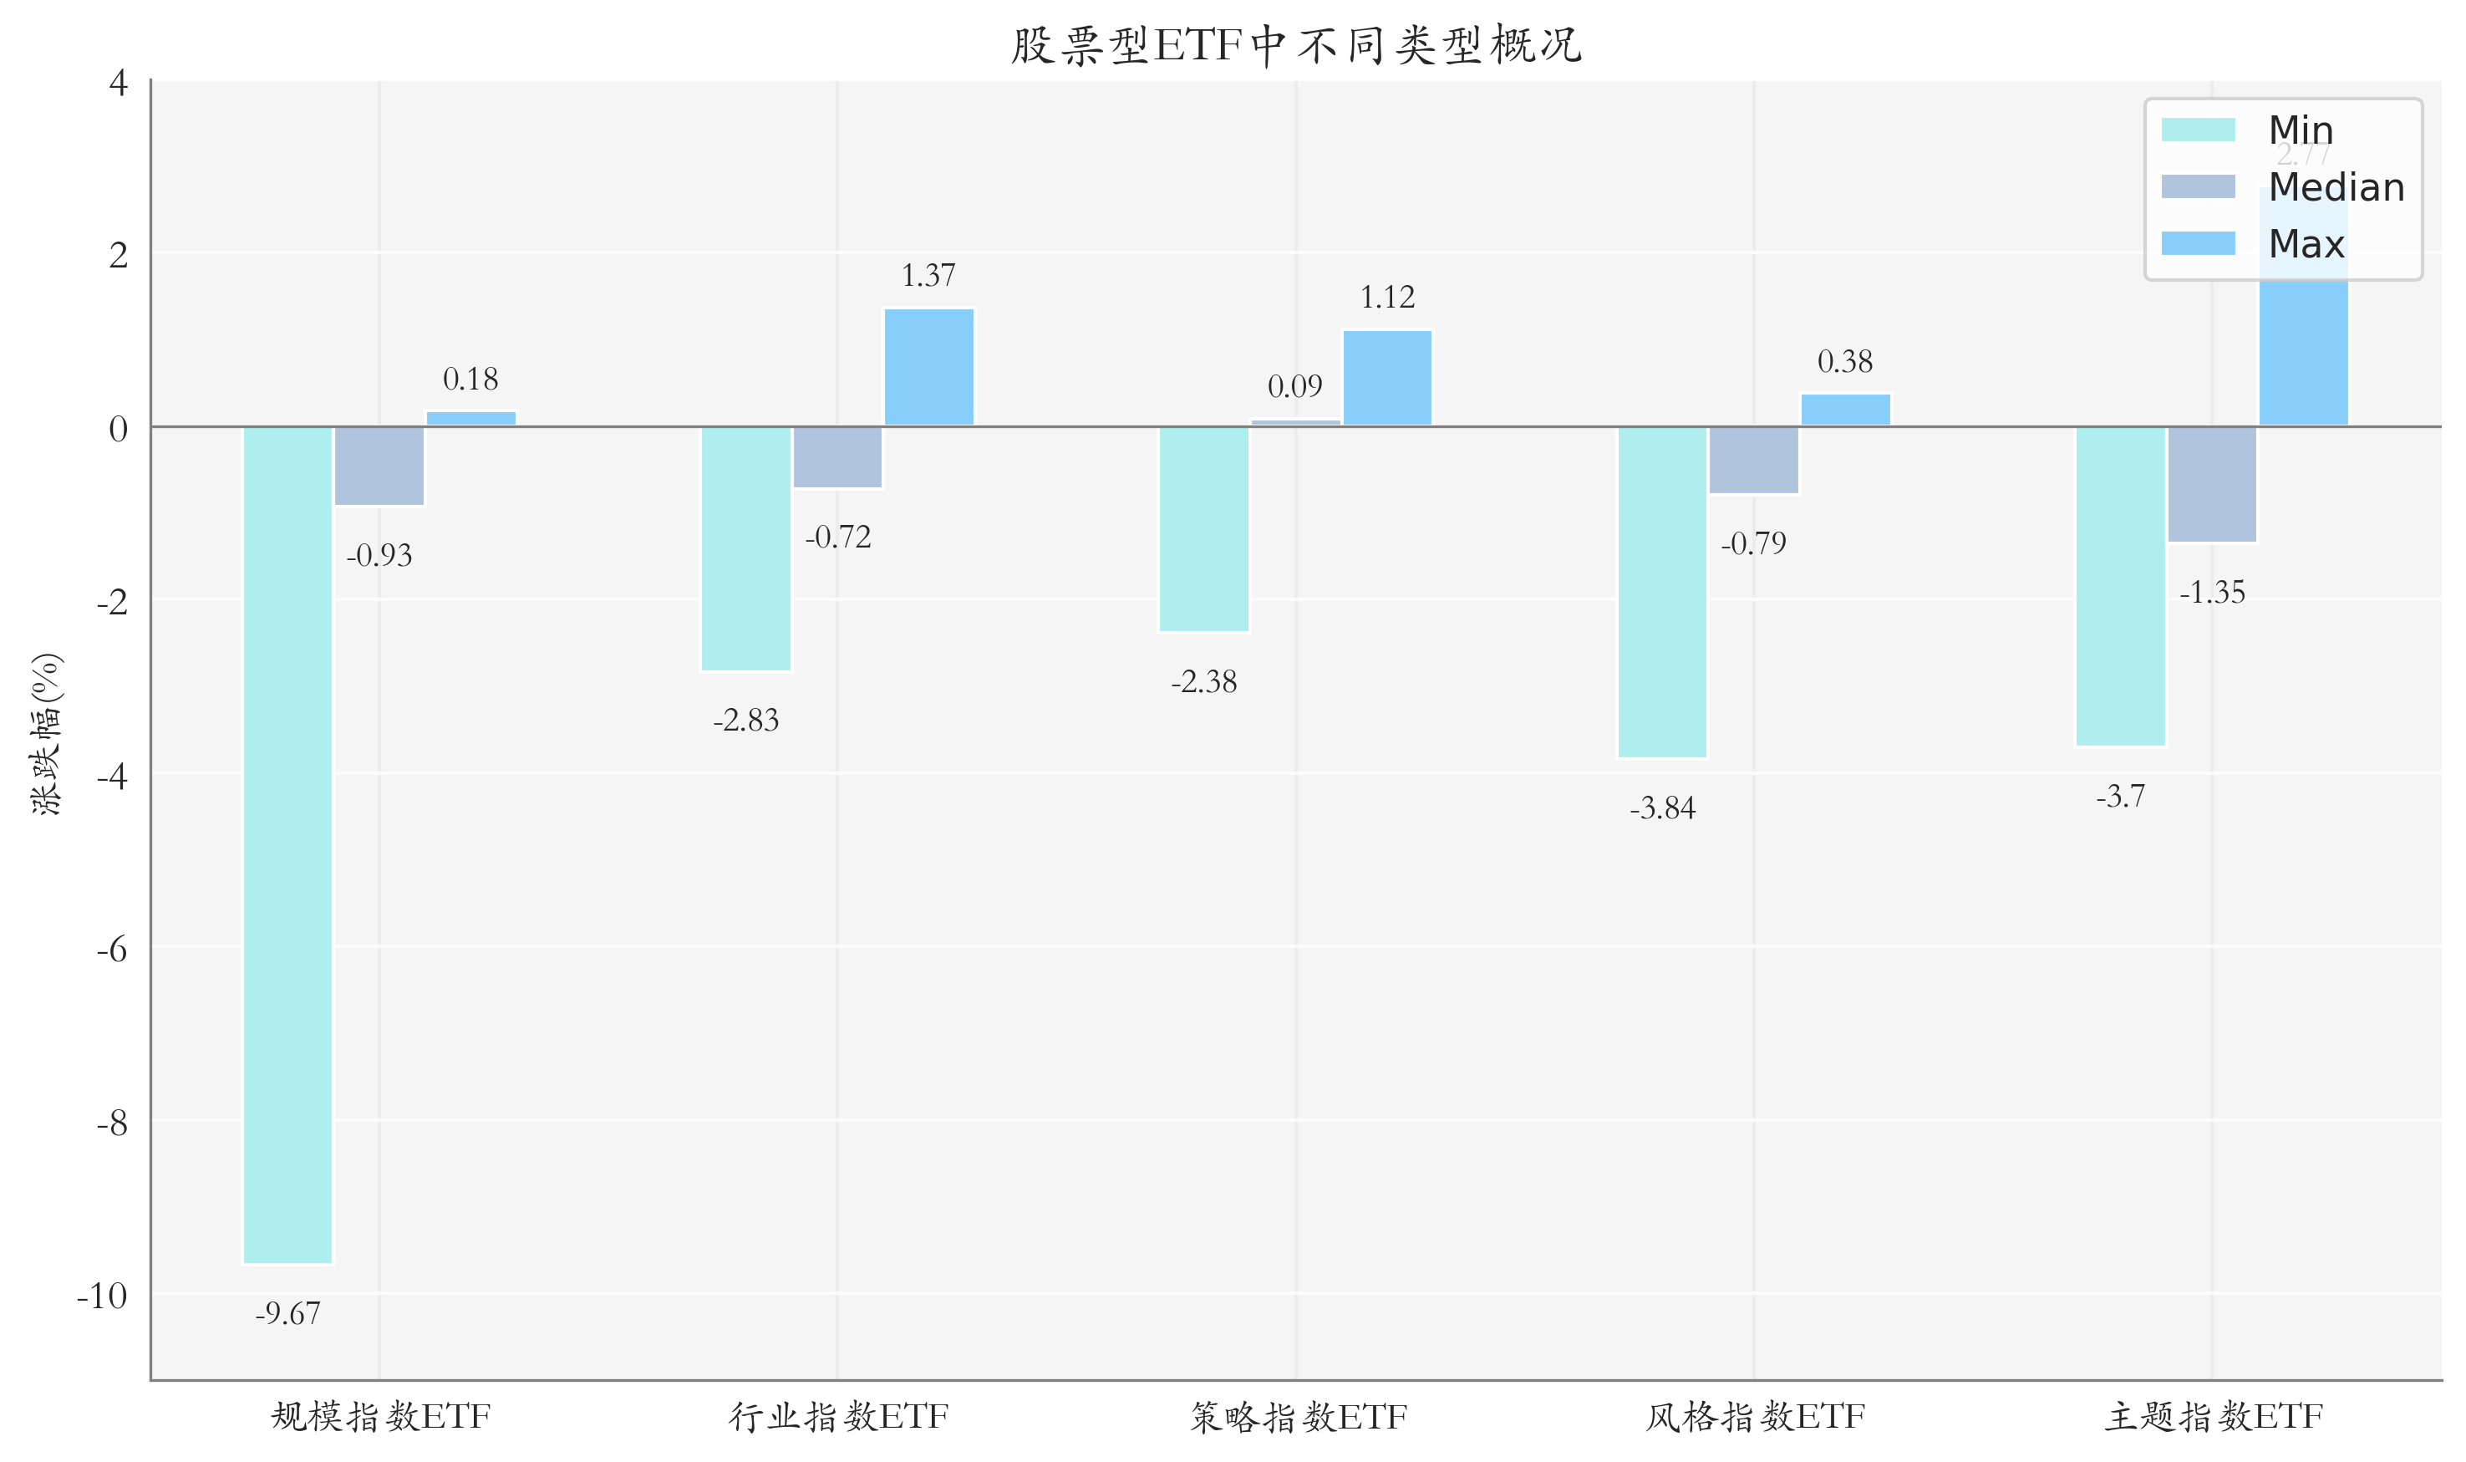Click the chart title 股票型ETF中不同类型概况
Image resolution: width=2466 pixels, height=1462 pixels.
[1295, 45]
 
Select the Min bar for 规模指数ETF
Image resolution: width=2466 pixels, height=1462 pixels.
[287, 844]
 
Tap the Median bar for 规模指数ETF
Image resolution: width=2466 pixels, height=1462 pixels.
[379, 466]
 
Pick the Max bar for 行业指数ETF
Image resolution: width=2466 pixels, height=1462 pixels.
[928, 368]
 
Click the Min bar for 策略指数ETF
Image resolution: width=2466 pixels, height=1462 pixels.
[1203, 529]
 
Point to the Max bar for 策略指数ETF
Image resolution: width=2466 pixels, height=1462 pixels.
[1386, 379]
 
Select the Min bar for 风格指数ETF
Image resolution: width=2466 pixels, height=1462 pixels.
[1662, 592]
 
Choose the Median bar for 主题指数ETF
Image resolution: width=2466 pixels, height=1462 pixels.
[2212, 485]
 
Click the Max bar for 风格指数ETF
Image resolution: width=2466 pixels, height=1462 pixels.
[1846, 410]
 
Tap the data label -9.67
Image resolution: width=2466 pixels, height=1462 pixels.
[287, 1314]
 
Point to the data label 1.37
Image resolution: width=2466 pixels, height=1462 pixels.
[928, 276]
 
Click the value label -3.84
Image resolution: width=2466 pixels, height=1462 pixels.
[1662, 809]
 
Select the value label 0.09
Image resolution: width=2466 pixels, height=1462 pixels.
[1295, 386]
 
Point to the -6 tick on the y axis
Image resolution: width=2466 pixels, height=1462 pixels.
[112, 950]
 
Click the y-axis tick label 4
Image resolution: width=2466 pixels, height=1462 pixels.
[118, 84]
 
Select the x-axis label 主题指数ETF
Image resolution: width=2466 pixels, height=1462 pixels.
[2213, 1418]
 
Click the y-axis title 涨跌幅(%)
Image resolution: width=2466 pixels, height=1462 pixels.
[46, 734]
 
